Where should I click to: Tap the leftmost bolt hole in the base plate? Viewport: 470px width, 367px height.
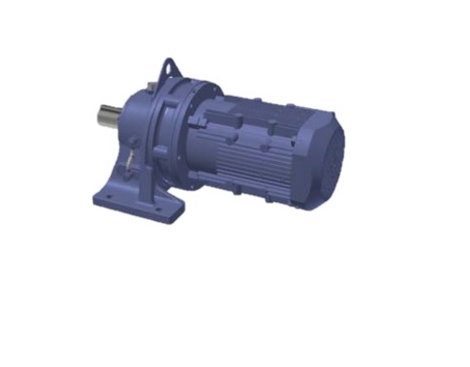[x=107, y=198]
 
